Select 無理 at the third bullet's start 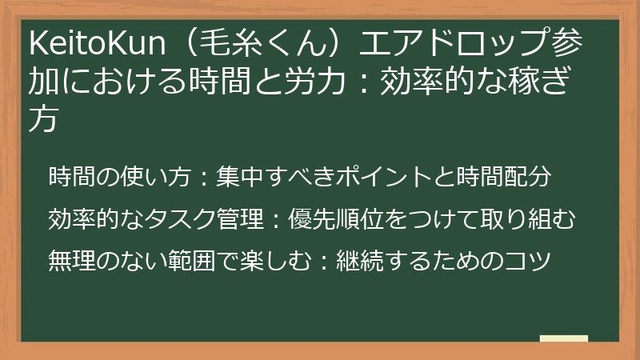[x=71, y=261]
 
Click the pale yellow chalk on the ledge [x=563, y=338]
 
